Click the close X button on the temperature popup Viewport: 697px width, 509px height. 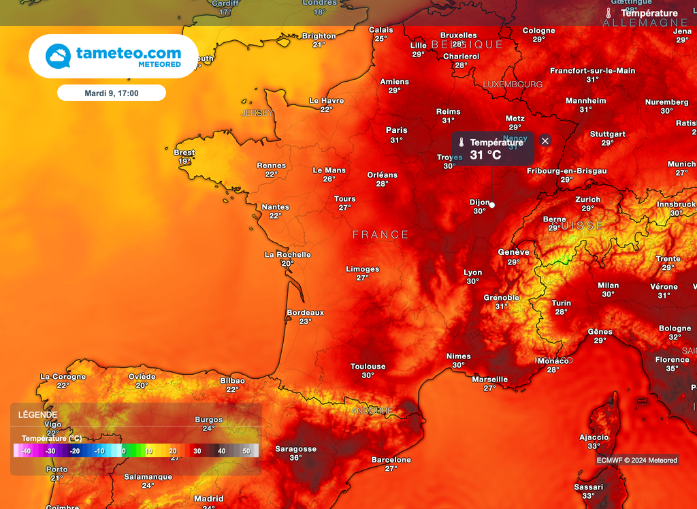545,140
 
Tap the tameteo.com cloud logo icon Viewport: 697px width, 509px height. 59,56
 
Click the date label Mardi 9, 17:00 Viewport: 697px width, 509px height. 112,93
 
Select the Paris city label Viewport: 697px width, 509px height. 397,130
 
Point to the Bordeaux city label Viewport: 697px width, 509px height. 305,313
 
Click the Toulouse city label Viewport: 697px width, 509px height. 368,367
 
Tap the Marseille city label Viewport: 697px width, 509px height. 490,380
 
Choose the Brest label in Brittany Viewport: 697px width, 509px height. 184,153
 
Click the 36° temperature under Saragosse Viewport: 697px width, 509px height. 295,458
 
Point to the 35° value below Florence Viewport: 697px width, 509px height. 672,369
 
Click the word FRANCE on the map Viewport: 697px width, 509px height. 380,234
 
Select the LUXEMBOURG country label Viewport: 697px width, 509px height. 513,84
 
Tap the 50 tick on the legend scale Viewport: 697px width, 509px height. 246,451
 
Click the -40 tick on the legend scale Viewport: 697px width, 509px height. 26,451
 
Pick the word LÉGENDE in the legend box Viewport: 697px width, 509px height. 37,414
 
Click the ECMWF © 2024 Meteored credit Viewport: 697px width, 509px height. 636,460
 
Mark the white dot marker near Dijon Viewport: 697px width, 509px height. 491,204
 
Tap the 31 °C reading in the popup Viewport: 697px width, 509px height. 485,155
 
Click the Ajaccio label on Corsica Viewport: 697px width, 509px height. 594,437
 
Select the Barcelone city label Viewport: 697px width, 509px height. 391,460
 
